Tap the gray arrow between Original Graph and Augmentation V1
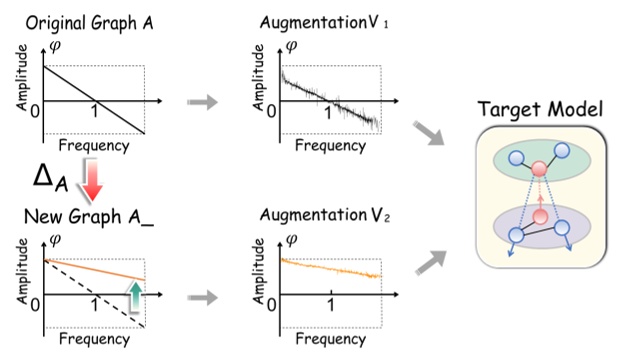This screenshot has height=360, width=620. (202, 102)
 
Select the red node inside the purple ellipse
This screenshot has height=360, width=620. (541, 217)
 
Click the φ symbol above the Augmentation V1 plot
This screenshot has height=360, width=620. (293, 46)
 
